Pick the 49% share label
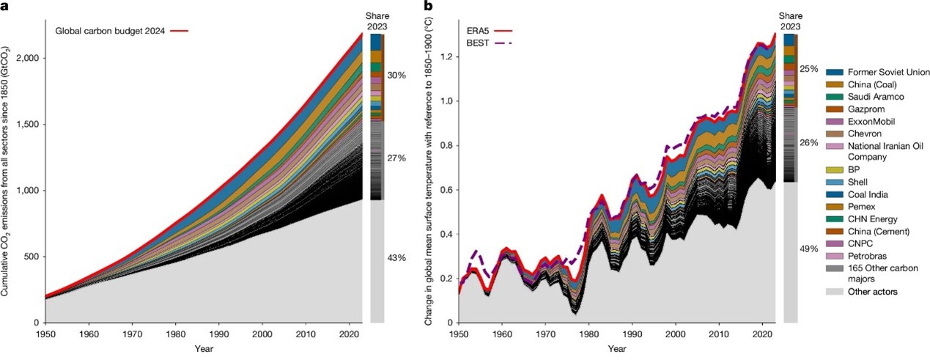pyautogui.click(x=809, y=249)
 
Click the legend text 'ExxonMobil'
pyautogui.click(x=870, y=122)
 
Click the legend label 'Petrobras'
pyautogui.click(x=867, y=255)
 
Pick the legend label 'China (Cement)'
pyautogui.click(x=879, y=231)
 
